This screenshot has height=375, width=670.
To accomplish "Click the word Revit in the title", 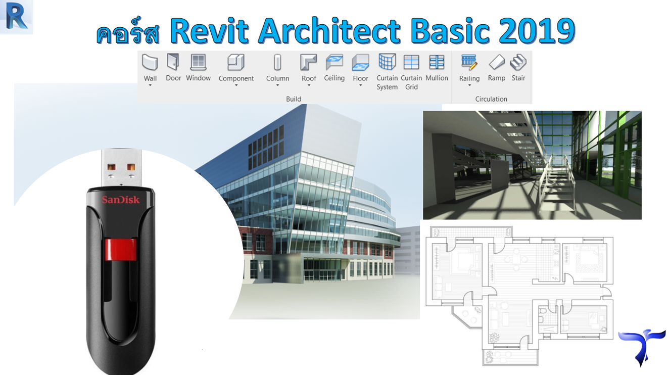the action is click(209, 31).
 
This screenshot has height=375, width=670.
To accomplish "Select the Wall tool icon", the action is click(150, 62).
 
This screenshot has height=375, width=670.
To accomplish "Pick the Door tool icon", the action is click(173, 62).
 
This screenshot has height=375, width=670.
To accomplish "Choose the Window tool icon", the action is click(198, 62).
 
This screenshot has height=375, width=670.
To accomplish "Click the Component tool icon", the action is click(235, 62).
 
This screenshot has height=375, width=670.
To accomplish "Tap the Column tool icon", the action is click(277, 62).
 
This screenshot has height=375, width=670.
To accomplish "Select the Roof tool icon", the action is click(308, 62).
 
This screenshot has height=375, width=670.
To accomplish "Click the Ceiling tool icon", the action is click(334, 62).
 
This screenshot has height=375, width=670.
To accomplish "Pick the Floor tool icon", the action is click(360, 62).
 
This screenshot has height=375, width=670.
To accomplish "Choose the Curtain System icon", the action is click(387, 62).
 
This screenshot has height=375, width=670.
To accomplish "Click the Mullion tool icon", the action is click(437, 62).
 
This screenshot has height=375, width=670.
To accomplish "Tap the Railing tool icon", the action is click(469, 62).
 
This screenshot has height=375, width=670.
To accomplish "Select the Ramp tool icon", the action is click(497, 62).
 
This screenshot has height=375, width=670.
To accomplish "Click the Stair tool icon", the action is click(518, 62).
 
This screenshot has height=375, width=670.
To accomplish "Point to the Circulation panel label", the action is click(491, 99).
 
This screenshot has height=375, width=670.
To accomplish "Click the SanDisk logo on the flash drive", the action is click(121, 200).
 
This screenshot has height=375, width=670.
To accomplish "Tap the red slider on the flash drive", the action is click(121, 249).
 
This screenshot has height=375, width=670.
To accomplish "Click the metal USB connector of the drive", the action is click(121, 168).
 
